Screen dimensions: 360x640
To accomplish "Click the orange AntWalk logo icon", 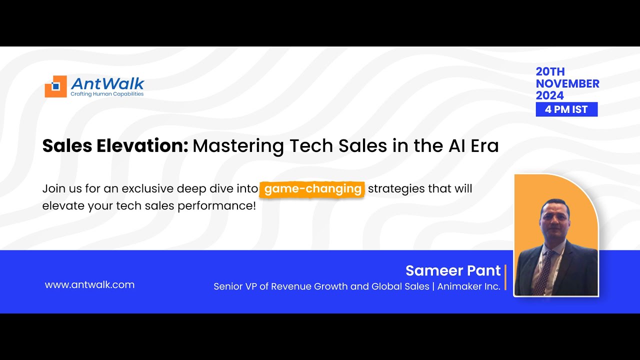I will click(x=55, y=86).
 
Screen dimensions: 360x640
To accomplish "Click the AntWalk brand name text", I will click(x=107, y=83).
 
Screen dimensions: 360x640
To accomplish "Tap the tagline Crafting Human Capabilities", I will click(x=107, y=94).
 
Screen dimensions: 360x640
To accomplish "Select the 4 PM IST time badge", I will click(x=566, y=109).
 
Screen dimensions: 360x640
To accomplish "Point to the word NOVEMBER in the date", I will click(x=567, y=83).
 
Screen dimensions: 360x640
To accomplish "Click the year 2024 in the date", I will click(x=549, y=95).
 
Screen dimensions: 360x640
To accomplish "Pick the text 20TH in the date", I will click(x=550, y=71).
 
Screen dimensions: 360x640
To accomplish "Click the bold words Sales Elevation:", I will click(x=115, y=145).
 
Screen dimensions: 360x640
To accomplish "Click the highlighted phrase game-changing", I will click(x=312, y=189).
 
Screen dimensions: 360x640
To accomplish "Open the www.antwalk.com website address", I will click(x=89, y=284).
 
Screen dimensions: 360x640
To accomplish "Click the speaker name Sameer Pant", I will click(x=452, y=270).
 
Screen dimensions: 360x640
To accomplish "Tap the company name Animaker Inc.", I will click(x=468, y=286).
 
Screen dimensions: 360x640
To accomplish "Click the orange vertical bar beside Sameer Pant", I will click(x=505, y=277).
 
